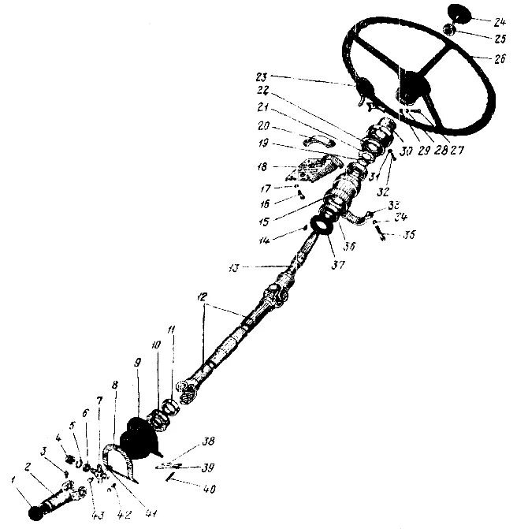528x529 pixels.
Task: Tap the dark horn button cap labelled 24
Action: point(458,14)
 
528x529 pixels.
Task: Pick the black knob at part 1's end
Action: point(35,514)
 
